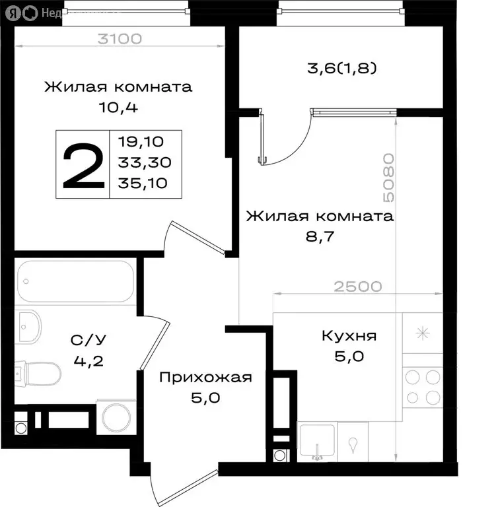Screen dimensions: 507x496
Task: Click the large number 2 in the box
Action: point(83,166)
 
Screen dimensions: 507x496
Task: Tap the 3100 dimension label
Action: point(120,38)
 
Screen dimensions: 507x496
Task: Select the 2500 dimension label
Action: point(357,287)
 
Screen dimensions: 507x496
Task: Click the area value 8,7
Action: point(320,235)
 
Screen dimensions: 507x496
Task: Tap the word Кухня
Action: point(349,336)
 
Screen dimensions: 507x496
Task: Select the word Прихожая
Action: point(205,377)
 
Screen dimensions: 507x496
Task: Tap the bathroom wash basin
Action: point(28,325)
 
